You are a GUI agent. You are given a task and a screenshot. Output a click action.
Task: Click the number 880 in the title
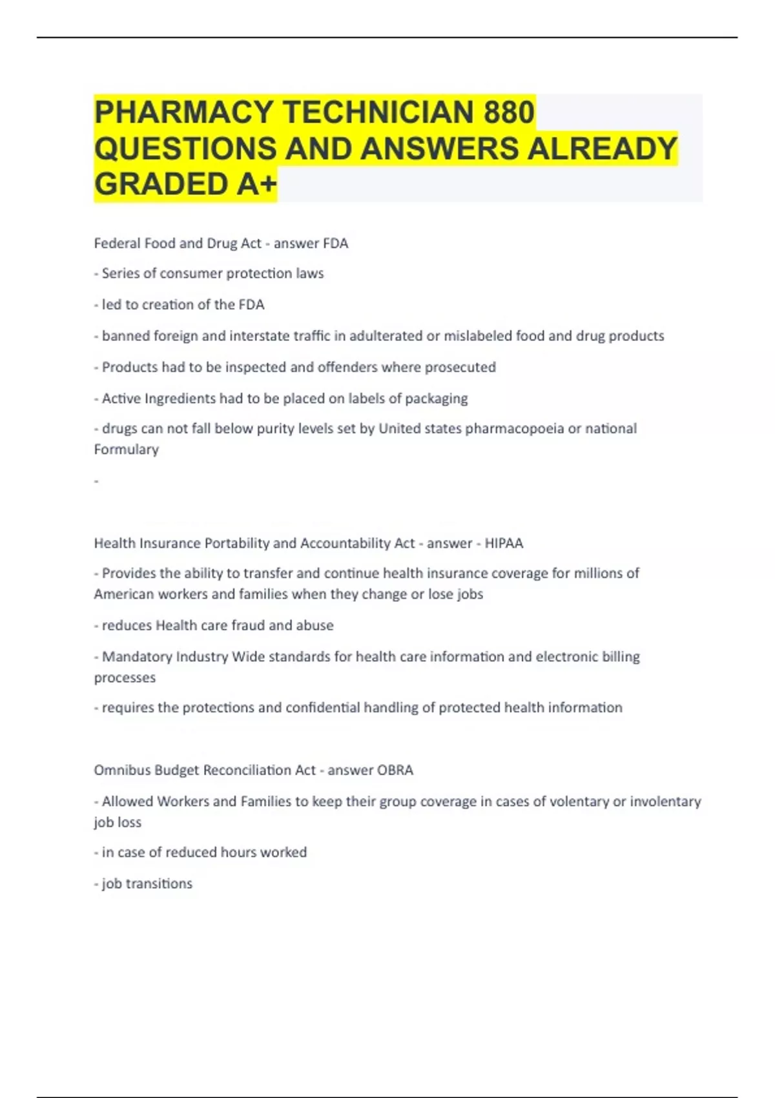508,112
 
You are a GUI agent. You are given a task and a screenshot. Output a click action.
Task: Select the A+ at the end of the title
256,184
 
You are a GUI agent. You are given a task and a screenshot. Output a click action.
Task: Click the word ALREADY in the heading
602,148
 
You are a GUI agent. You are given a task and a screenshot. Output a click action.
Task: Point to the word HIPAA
504,543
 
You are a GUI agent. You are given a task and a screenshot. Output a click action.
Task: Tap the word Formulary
126,450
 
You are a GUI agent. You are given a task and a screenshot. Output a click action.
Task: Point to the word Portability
236,543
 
